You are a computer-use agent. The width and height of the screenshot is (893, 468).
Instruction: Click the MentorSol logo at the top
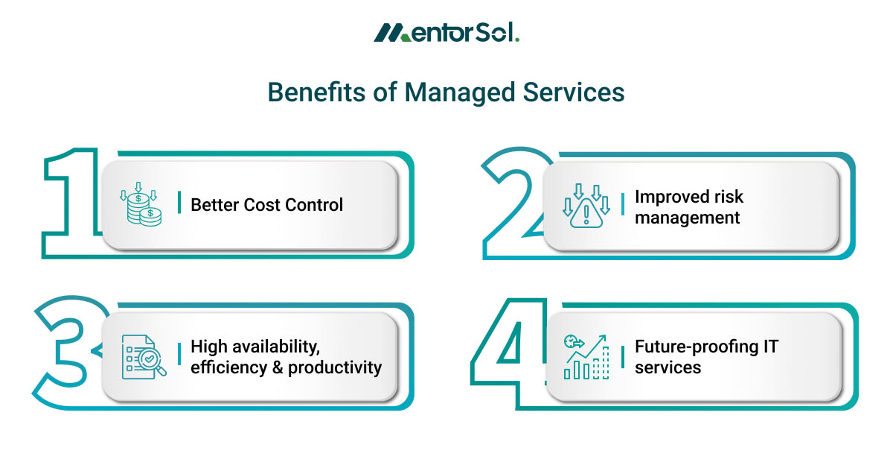[x=446, y=33]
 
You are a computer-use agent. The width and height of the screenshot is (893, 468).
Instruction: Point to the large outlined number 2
[x=513, y=201]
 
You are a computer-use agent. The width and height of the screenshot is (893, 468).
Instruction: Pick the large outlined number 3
[x=67, y=350]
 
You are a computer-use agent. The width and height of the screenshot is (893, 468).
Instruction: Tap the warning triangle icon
[x=586, y=206]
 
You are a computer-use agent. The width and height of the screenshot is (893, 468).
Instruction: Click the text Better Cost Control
[x=267, y=205]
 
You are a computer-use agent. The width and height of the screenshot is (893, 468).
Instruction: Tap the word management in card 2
[x=687, y=218]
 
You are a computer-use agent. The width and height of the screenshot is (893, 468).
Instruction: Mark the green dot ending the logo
[x=516, y=40]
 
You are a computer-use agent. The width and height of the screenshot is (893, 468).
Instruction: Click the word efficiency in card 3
[x=227, y=367]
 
